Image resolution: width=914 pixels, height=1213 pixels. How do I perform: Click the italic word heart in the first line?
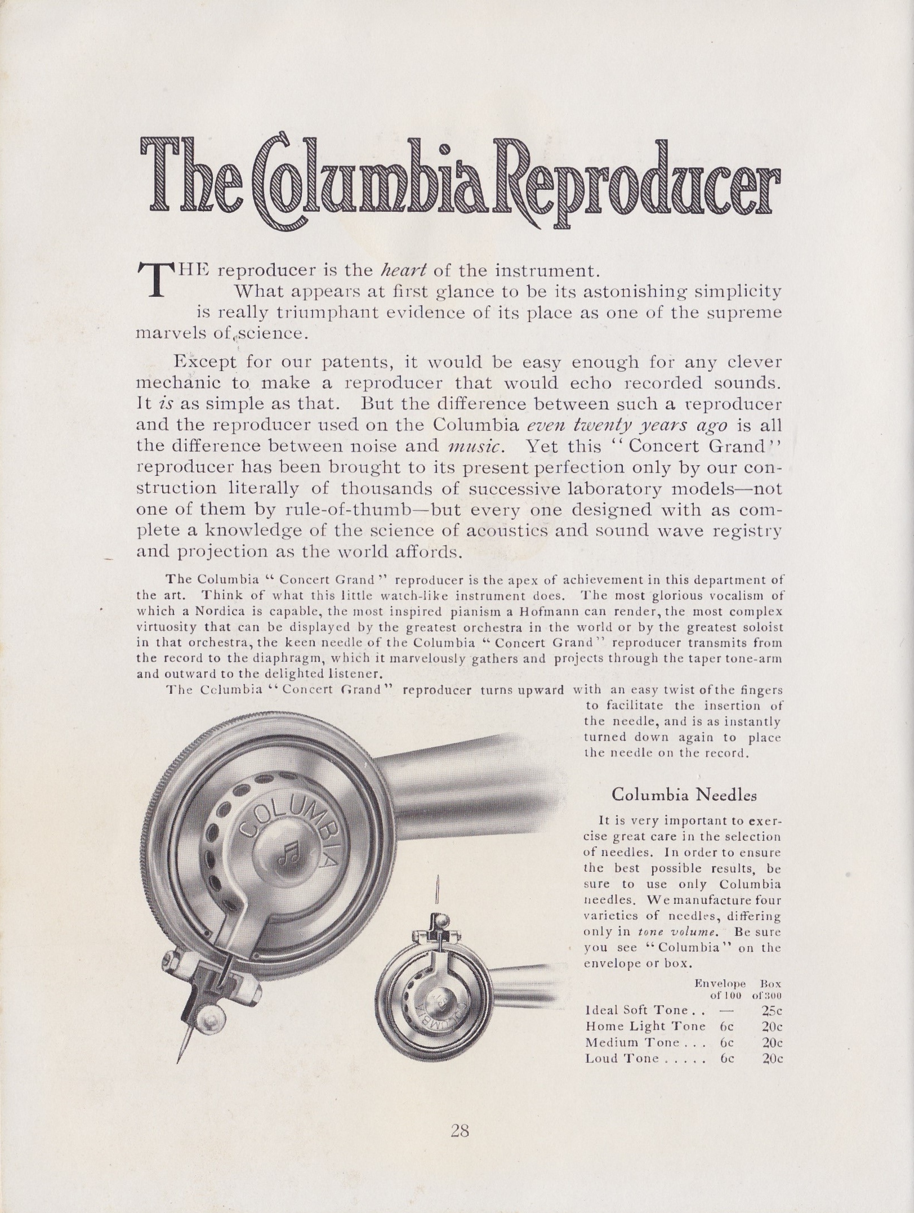393,271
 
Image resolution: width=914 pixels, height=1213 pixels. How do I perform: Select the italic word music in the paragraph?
474,445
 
